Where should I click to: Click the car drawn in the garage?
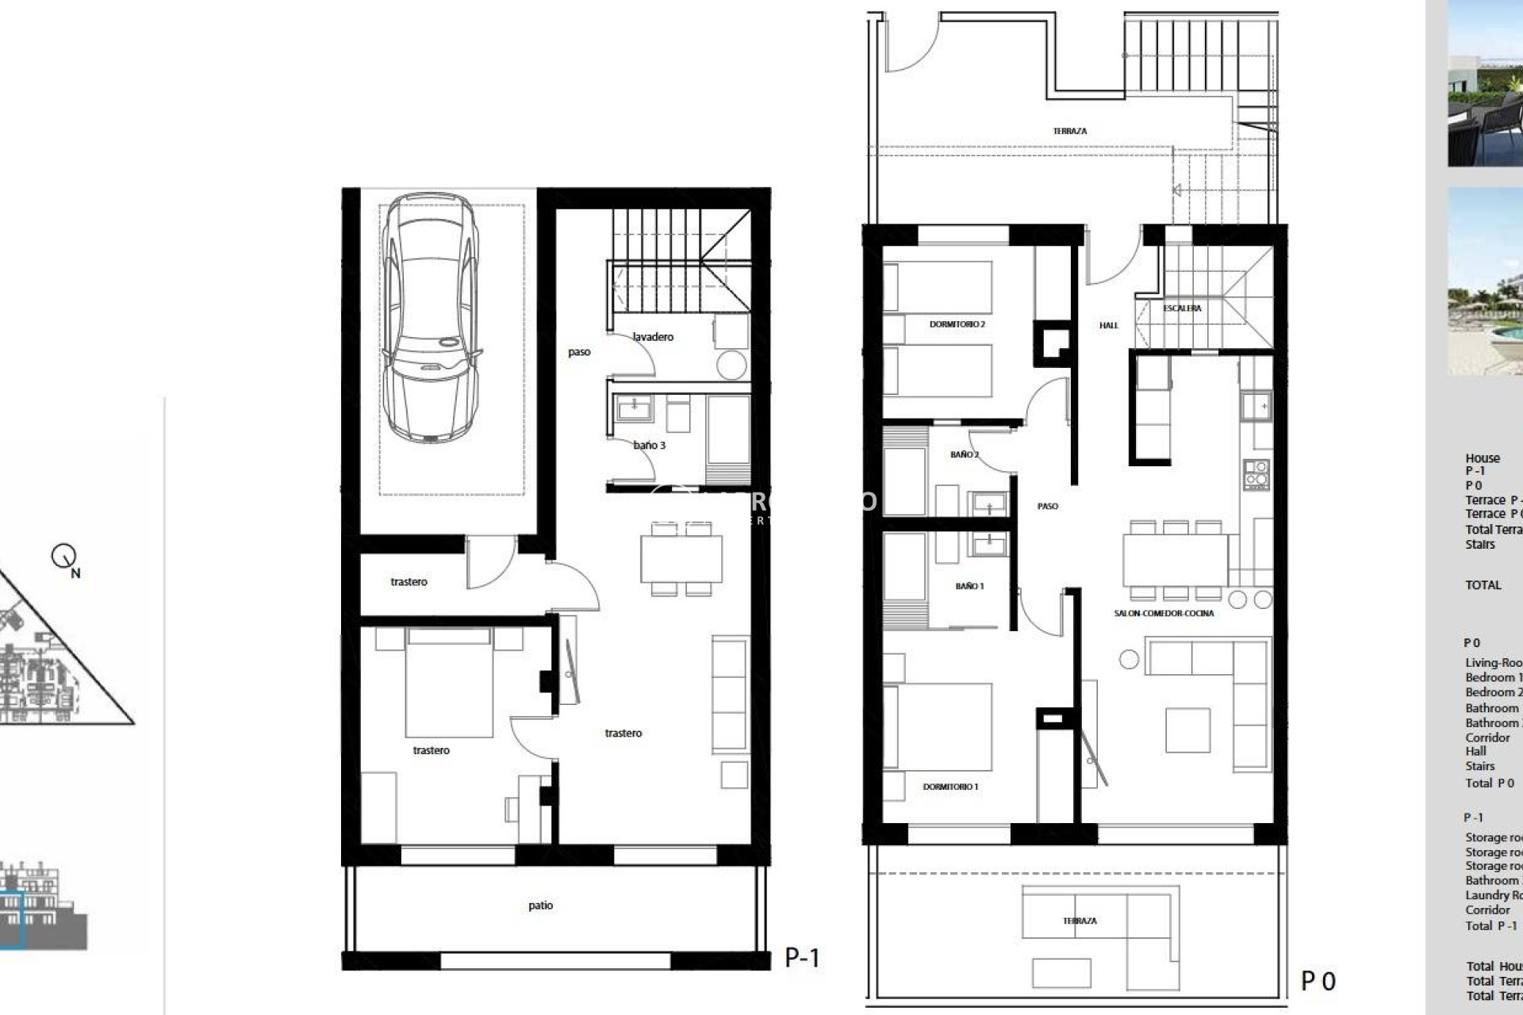coord(431,317)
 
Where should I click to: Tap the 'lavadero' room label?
coord(653,337)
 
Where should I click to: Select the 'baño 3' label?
coord(649,446)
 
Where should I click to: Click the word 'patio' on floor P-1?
coord(540,906)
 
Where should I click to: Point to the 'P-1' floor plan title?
coord(802,958)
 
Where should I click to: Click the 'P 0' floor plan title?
coord(1318,982)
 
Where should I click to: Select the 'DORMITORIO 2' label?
coord(957,324)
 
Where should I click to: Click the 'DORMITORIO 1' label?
coord(950,787)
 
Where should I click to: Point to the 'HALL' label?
coord(1108,325)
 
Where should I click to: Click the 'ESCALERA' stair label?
coord(1182,308)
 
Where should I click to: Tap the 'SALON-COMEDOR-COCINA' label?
coord(1164,613)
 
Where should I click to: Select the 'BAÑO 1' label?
coord(969,586)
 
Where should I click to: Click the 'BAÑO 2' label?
coord(965,455)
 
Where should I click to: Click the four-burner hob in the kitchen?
coord(1256,474)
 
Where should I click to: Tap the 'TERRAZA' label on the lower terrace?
coord(1080,921)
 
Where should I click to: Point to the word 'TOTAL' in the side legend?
coord(1483,585)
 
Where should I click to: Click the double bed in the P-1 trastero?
coord(448,682)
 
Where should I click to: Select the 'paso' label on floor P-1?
coord(579,352)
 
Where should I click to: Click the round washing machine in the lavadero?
coord(731,366)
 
